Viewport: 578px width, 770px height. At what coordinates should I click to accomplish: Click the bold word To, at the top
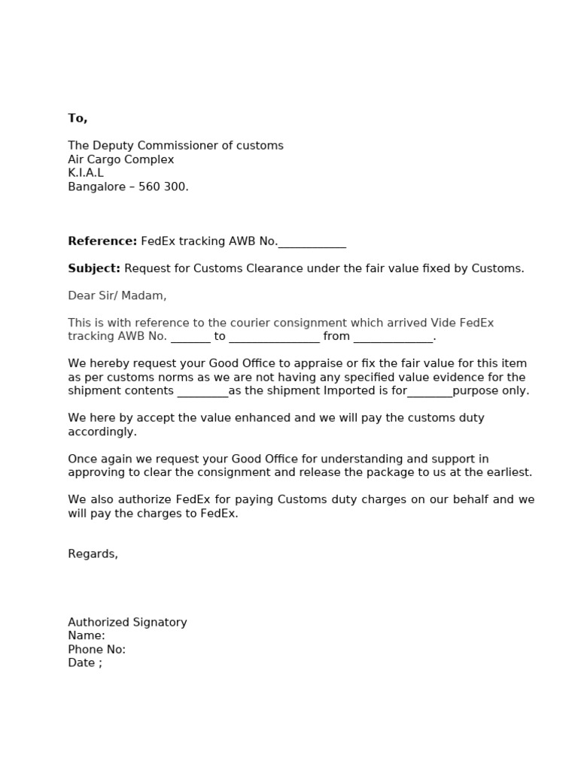(x=78, y=118)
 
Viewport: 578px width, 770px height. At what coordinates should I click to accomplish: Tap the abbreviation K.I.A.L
(x=86, y=173)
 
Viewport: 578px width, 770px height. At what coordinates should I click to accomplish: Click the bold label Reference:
(x=102, y=241)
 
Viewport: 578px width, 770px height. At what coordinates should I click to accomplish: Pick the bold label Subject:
(x=94, y=268)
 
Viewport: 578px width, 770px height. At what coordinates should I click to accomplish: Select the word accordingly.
(x=102, y=432)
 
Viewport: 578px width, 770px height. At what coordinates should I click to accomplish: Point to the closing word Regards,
(x=93, y=554)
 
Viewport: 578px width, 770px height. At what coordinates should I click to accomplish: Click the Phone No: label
(x=96, y=649)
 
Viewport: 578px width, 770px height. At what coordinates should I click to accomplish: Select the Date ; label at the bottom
(x=84, y=662)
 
